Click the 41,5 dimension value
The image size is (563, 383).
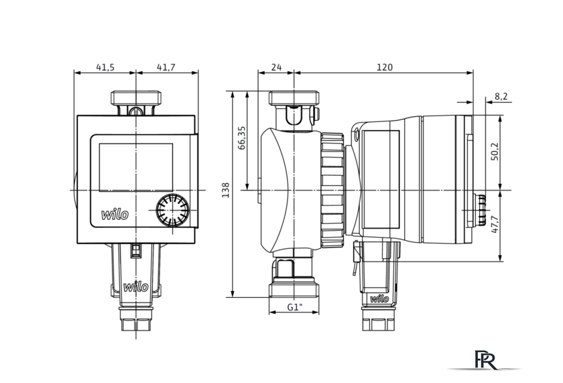click(x=105, y=67)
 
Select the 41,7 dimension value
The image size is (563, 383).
click(x=166, y=67)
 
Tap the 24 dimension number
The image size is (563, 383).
click(x=276, y=67)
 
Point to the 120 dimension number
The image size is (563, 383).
click(x=385, y=67)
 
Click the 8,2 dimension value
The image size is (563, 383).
click(x=501, y=97)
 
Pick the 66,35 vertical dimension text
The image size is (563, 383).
click(x=242, y=138)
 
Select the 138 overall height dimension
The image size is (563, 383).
click(x=225, y=190)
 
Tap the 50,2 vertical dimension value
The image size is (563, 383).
click(x=495, y=152)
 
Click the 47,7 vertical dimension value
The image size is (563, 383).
click(x=495, y=224)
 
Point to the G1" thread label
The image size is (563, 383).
click(x=294, y=307)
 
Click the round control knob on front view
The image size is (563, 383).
click(x=172, y=210)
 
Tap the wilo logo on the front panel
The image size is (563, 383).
click(x=115, y=215)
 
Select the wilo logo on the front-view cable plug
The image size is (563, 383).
click(x=135, y=286)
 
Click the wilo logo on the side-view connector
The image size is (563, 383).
click(x=379, y=298)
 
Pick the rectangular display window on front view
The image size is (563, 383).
click(x=135, y=168)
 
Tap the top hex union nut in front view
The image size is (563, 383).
click(x=135, y=98)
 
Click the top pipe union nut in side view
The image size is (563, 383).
click(x=294, y=98)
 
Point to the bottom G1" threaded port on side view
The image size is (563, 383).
click(x=294, y=290)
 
